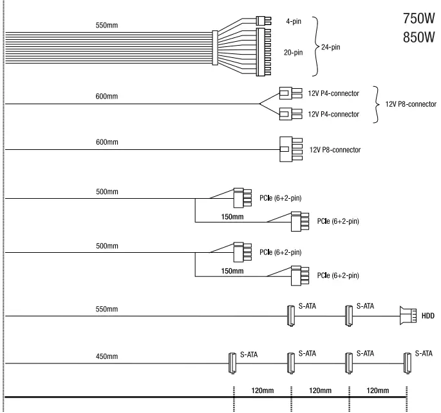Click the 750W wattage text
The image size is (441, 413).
click(x=419, y=19)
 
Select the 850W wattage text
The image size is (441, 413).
click(x=419, y=38)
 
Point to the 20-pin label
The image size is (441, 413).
click(x=294, y=53)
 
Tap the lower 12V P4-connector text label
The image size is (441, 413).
click(x=333, y=115)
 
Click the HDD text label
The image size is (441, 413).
click(x=428, y=317)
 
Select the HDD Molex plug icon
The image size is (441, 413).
click(x=408, y=316)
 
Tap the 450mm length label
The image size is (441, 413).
click(x=108, y=356)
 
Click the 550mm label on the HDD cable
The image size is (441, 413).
click(x=108, y=309)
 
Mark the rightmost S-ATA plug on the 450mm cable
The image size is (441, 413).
click(x=406, y=363)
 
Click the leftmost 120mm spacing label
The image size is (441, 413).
click(x=262, y=390)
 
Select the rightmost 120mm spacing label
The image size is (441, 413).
click(x=377, y=390)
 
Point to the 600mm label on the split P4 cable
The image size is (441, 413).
click(x=108, y=96)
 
